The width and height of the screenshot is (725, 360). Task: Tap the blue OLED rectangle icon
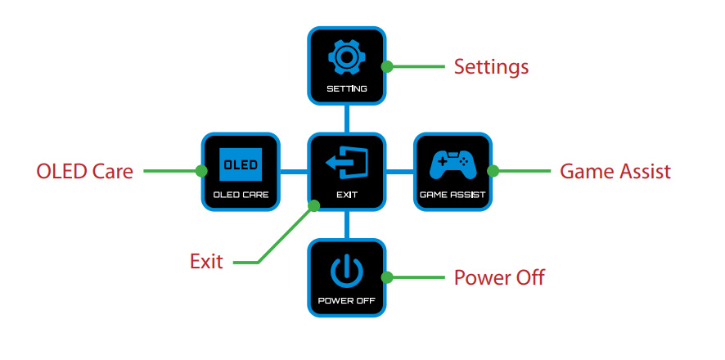tap(241, 164)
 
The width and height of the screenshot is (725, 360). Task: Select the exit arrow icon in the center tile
tap(347, 164)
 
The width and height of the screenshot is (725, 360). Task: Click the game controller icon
tap(453, 165)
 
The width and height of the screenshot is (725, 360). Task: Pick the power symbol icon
tap(347, 272)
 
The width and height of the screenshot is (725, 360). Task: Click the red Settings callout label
tap(491, 67)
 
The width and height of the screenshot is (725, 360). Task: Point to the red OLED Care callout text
tap(84, 172)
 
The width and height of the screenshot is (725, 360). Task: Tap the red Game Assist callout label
tap(615, 172)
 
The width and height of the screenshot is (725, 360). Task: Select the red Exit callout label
tap(206, 262)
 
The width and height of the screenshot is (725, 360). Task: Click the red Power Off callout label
tap(499, 277)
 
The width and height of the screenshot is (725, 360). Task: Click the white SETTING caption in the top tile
tap(347, 88)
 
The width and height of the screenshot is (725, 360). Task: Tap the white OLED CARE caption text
tap(241, 195)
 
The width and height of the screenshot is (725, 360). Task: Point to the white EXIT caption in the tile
tap(347, 195)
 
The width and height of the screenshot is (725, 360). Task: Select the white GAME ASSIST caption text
tap(453, 195)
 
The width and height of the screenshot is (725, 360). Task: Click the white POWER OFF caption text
tap(347, 301)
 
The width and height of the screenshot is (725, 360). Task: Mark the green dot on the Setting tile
tap(387, 66)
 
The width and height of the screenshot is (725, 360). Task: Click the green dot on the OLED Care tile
tap(201, 171)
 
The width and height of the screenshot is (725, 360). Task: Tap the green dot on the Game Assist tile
tap(493, 171)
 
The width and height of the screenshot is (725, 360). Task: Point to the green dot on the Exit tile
tap(314, 205)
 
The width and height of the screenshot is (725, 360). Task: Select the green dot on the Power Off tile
tap(387, 277)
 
